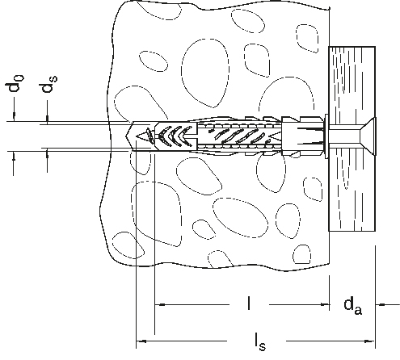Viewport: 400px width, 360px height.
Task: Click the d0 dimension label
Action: point(15,83)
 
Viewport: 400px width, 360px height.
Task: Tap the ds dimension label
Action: point(48,84)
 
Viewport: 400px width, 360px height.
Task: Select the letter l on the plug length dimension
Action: point(249,303)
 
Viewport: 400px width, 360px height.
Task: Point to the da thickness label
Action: point(353,306)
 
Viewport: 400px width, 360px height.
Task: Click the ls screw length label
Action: point(260,341)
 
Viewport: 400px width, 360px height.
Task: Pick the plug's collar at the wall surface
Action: point(326,136)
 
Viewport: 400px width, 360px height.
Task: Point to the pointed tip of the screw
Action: point(137,137)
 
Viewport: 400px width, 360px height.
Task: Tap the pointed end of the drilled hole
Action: point(127,136)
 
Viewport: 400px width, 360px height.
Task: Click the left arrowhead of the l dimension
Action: point(160,304)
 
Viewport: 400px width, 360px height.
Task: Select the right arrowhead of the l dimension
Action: point(325,304)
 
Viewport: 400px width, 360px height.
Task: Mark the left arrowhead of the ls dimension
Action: point(141,341)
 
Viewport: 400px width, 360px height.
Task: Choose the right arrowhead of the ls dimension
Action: point(370,341)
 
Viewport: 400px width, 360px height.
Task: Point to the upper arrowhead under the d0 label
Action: point(14,117)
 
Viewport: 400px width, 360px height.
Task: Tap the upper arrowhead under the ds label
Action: point(48,119)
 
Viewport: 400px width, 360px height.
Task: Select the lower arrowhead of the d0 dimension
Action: point(14,156)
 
